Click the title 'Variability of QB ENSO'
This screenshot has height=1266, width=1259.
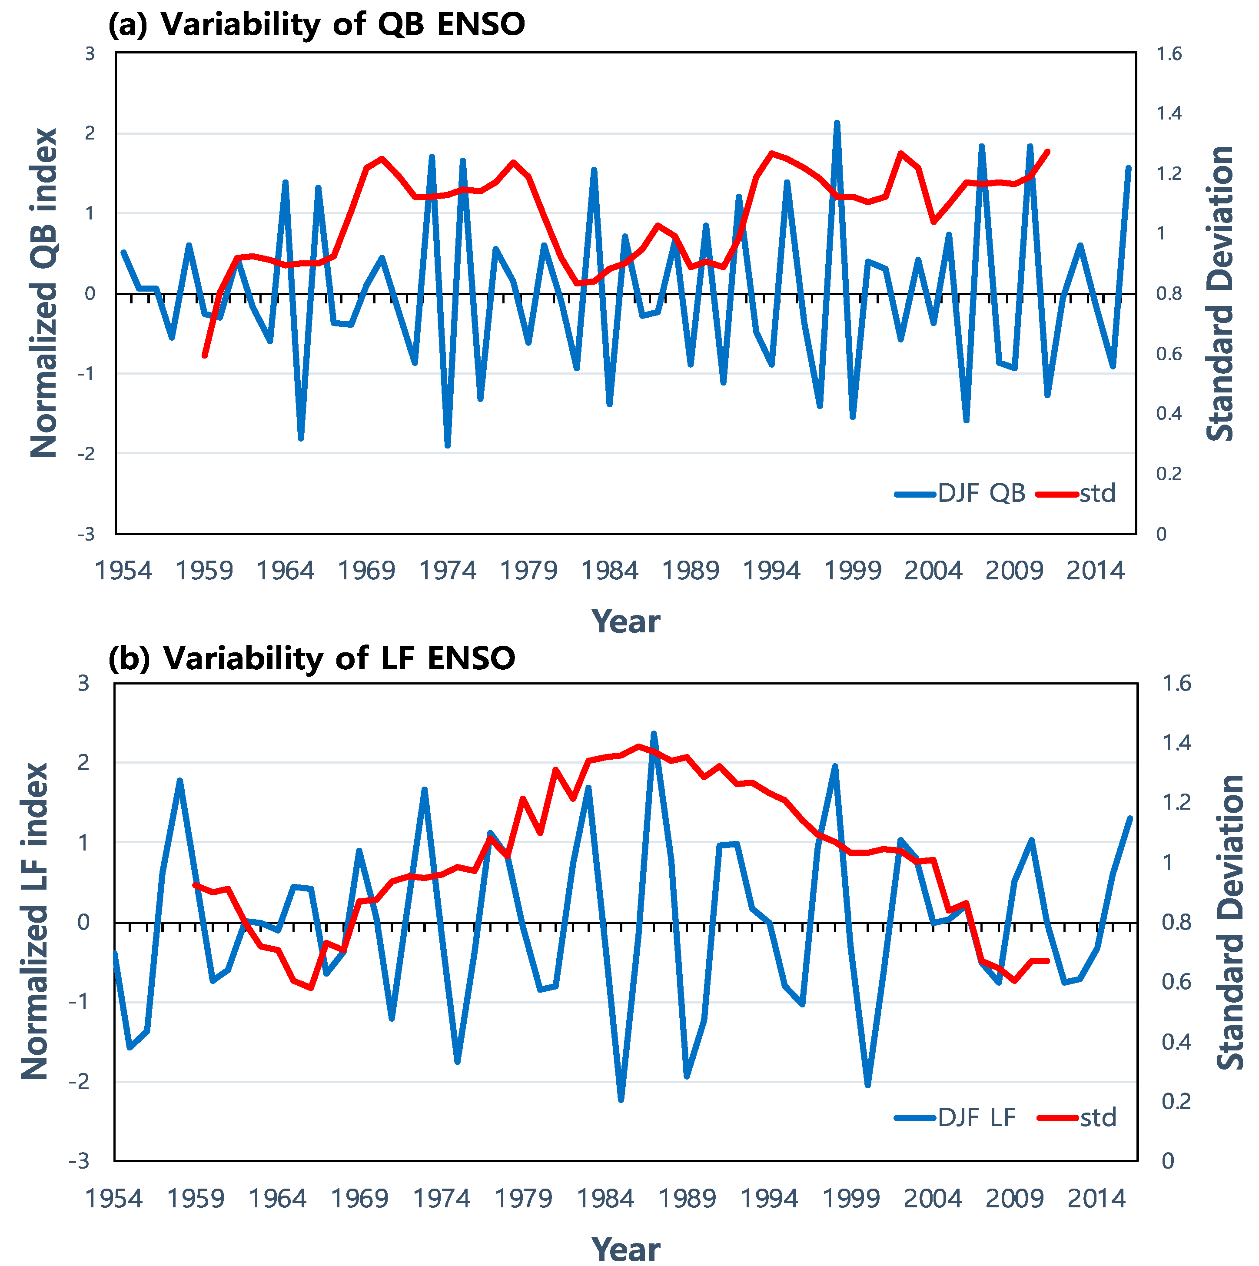click(x=343, y=24)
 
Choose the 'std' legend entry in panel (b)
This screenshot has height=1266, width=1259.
click(x=1077, y=1117)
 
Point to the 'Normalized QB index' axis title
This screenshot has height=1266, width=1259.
click(x=44, y=293)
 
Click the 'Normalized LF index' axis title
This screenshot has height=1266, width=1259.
click(x=35, y=921)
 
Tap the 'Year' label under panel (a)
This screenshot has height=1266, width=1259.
click(x=625, y=621)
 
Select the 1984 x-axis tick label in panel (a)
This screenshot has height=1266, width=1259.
click(x=610, y=571)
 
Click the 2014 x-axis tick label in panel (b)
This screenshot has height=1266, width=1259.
click(x=1096, y=1199)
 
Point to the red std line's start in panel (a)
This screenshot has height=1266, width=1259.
click(x=205, y=355)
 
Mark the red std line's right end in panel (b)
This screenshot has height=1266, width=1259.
click(x=1047, y=960)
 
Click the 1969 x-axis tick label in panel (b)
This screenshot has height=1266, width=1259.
click(x=359, y=1199)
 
